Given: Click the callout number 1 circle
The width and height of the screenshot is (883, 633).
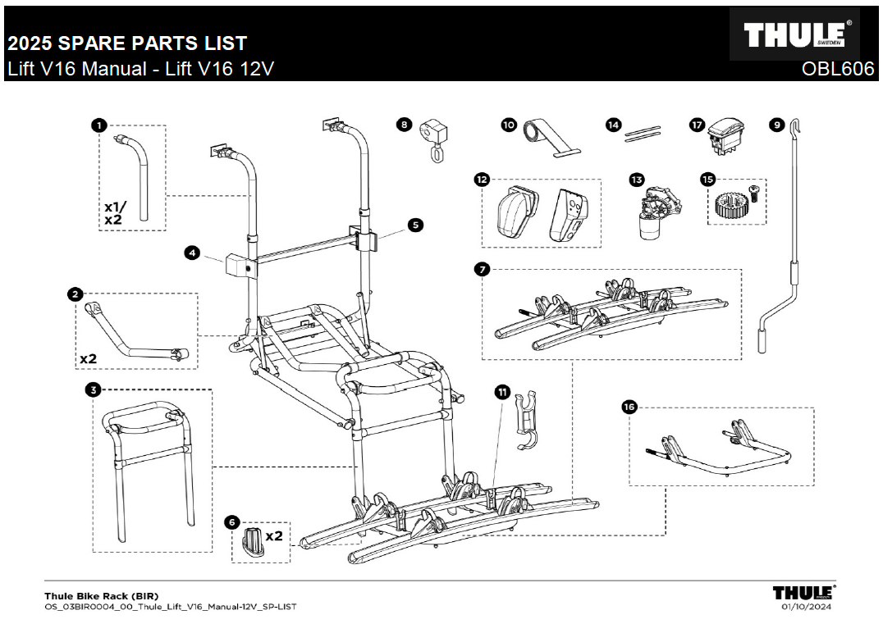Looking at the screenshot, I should (x=98, y=125).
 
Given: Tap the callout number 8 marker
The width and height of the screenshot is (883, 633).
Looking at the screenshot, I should (x=403, y=125).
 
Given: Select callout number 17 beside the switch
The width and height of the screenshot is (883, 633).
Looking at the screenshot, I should (x=697, y=125).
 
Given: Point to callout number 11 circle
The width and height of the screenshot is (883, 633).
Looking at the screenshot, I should (x=502, y=393).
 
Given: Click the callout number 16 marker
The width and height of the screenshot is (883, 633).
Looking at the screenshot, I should (x=630, y=407).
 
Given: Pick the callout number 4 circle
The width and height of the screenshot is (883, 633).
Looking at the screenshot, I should (x=191, y=253).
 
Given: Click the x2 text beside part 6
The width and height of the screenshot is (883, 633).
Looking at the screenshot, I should (x=273, y=535).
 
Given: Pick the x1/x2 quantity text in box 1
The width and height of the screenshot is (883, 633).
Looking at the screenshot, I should (x=112, y=213).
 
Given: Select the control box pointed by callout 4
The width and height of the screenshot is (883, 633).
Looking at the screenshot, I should (x=238, y=266).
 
